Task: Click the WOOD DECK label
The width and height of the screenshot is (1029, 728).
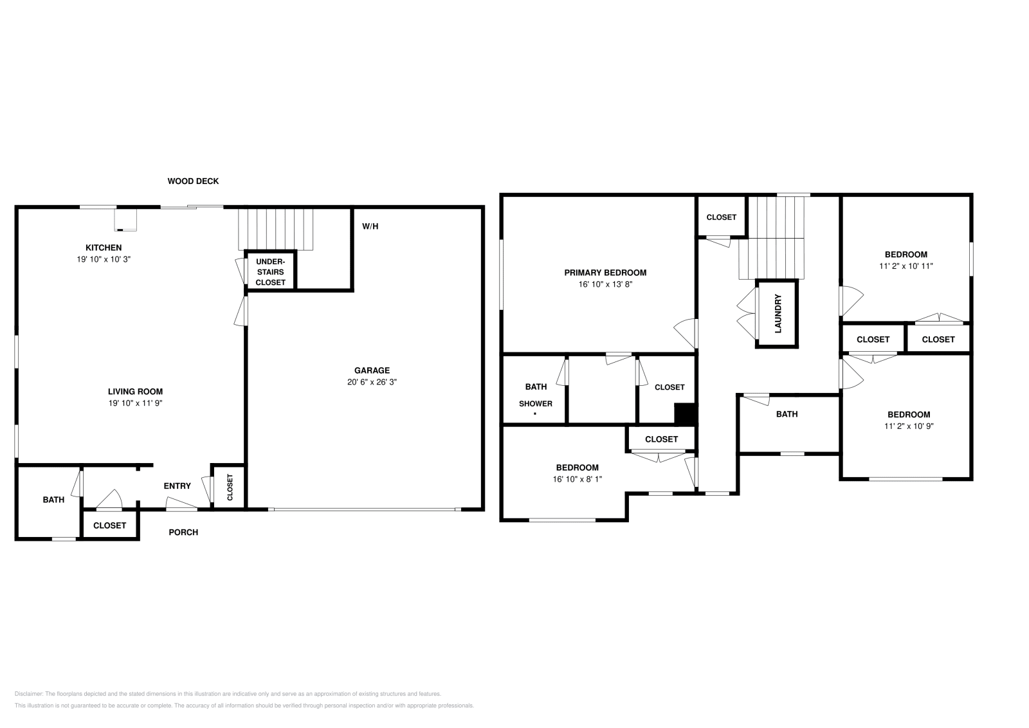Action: pyautogui.click(x=193, y=181)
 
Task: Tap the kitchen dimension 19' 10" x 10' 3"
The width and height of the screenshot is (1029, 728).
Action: pyautogui.click(x=104, y=259)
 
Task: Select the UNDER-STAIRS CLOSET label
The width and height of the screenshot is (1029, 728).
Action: pyautogui.click(x=270, y=272)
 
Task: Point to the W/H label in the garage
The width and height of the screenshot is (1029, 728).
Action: pyautogui.click(x=370, y=226)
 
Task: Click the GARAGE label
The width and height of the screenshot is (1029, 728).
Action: pyautogui.click(x=372, y=370)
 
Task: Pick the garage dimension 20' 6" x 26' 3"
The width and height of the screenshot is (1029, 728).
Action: pyautogui.click(x=372, y=382)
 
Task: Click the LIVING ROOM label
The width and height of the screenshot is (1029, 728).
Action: pyautogui.click(x=135, y=392)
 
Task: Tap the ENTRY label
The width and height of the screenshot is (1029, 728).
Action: pyautogui.click(x=177, y=486)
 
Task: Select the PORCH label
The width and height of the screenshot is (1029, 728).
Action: pyautogui.click(x=183, y=532)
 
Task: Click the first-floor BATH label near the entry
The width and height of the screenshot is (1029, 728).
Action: pyautogui.click(x=53, y=500)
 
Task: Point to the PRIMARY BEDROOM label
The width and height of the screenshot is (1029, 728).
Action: pyautogui.click(x=605, y=273)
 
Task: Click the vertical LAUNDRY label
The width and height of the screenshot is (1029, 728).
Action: pyautogui.click(x=778, y=314)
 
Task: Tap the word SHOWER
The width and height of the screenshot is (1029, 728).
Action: pyautogui.click(x=536, y=404)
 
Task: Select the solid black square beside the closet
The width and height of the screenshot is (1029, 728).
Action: pyautogui.click(x=686, y=414)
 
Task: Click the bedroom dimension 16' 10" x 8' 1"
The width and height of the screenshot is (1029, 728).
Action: pyautogui.click(x=577, y=479)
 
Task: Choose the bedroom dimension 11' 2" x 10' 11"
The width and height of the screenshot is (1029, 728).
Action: pyautogui.click(x=906, y=266)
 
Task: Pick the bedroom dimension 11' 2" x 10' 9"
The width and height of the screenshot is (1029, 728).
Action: pyautogui.click(x=909, y=426)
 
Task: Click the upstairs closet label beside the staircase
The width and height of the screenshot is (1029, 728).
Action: pyautogui.click(x=721, y=217)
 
